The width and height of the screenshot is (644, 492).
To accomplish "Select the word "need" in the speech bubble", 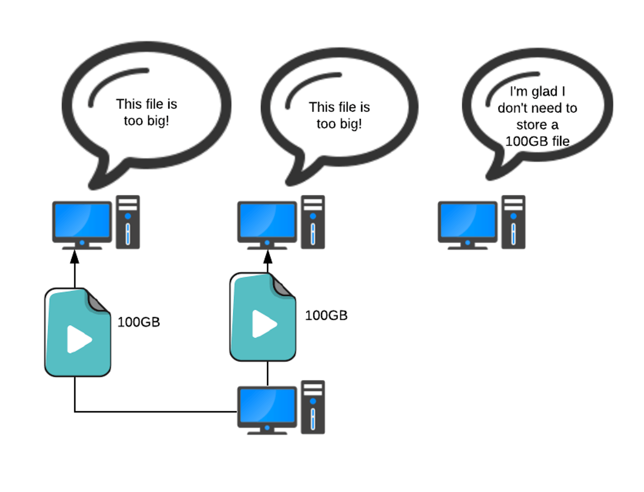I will point(545,108).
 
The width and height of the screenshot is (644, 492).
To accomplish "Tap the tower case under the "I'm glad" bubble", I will point(513,222).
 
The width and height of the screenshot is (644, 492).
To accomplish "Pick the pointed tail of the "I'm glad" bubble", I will point(491,176).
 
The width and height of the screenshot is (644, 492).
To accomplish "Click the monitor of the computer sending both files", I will point(267,406).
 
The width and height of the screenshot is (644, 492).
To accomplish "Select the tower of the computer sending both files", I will point(313,407).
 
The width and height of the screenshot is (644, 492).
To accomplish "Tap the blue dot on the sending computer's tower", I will point(313,401).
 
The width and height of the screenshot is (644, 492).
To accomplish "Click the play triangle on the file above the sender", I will point(264,324).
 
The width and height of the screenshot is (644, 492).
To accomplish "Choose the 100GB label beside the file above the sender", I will point(326,315).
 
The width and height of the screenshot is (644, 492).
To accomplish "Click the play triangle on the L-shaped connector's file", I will point(78,339).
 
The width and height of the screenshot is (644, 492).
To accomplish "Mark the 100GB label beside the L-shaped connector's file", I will point(139,322).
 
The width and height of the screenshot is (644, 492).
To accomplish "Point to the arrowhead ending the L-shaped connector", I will point(74,257).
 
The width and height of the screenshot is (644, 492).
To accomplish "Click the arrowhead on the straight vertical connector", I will point(267,257).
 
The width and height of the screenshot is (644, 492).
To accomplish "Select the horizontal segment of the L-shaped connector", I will point(154,412).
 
